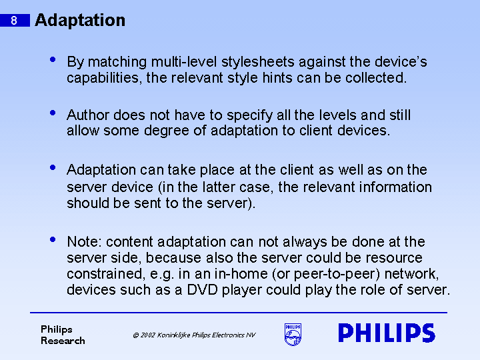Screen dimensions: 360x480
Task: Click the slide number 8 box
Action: click(x=15, y=21)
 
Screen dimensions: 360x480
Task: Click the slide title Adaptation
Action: click(x=80, y=20)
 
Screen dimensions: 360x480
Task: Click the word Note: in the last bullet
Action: click(x=85, y=241)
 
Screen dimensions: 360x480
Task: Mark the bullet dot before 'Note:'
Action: click(x=53, y=239)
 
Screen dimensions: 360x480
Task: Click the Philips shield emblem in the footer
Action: click(x=293, y=334)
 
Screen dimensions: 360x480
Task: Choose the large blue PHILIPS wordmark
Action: click(x=387, y=333)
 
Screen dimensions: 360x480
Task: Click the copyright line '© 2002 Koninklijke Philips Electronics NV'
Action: click(x=194, y=335)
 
